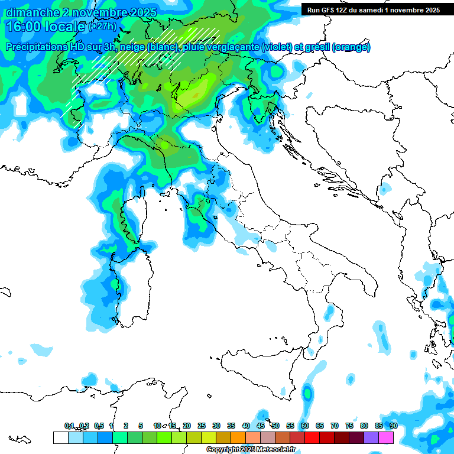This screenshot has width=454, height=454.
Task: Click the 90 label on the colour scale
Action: point(394,426)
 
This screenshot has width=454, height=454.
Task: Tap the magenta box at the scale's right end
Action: point(386,437)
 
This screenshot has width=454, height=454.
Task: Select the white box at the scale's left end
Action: point(60,437)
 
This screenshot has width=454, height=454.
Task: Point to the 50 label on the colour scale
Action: point(275,426)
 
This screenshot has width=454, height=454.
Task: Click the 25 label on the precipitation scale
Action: point(202,426)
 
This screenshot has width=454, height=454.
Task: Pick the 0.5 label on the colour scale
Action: point(98,426)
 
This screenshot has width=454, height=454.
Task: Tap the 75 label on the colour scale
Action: point(349,426)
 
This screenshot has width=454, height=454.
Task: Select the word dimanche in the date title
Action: point(33,12)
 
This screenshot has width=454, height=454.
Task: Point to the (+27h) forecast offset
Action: point(103,27)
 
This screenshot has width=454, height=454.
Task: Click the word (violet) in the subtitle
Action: point(281,47)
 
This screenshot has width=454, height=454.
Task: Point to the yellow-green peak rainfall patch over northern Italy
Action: point(192,95)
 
